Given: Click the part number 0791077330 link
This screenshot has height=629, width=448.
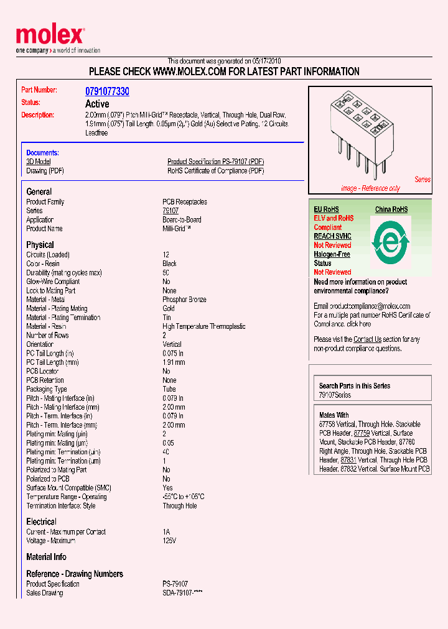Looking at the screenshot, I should (107, 91).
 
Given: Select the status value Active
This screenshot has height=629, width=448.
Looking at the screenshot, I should (97, 104).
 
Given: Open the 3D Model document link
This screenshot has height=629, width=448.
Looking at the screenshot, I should (38, 162).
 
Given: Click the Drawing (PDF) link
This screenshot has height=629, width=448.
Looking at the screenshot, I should (45, 171).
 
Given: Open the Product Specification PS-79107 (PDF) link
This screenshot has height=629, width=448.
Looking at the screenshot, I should (215, 162).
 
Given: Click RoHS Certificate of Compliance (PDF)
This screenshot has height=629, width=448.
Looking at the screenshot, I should (215, 171).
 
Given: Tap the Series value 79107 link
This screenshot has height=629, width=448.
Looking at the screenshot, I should (170, 211).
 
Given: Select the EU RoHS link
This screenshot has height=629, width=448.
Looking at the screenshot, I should (326, 210).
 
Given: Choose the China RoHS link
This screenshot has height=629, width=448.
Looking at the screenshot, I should (391, 210).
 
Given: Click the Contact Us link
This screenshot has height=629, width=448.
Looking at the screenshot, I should (367, 339).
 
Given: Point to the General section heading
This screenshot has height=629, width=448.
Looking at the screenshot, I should (39, 191).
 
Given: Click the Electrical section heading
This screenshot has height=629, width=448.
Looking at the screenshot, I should (41, 521).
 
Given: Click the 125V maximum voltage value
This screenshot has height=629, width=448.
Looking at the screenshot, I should (169, 541).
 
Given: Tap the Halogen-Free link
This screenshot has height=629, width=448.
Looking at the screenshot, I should (332, 254).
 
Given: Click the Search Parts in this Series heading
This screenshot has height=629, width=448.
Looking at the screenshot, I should (355, 386).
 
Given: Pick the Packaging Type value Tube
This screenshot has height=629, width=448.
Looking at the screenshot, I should (169, 389).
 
